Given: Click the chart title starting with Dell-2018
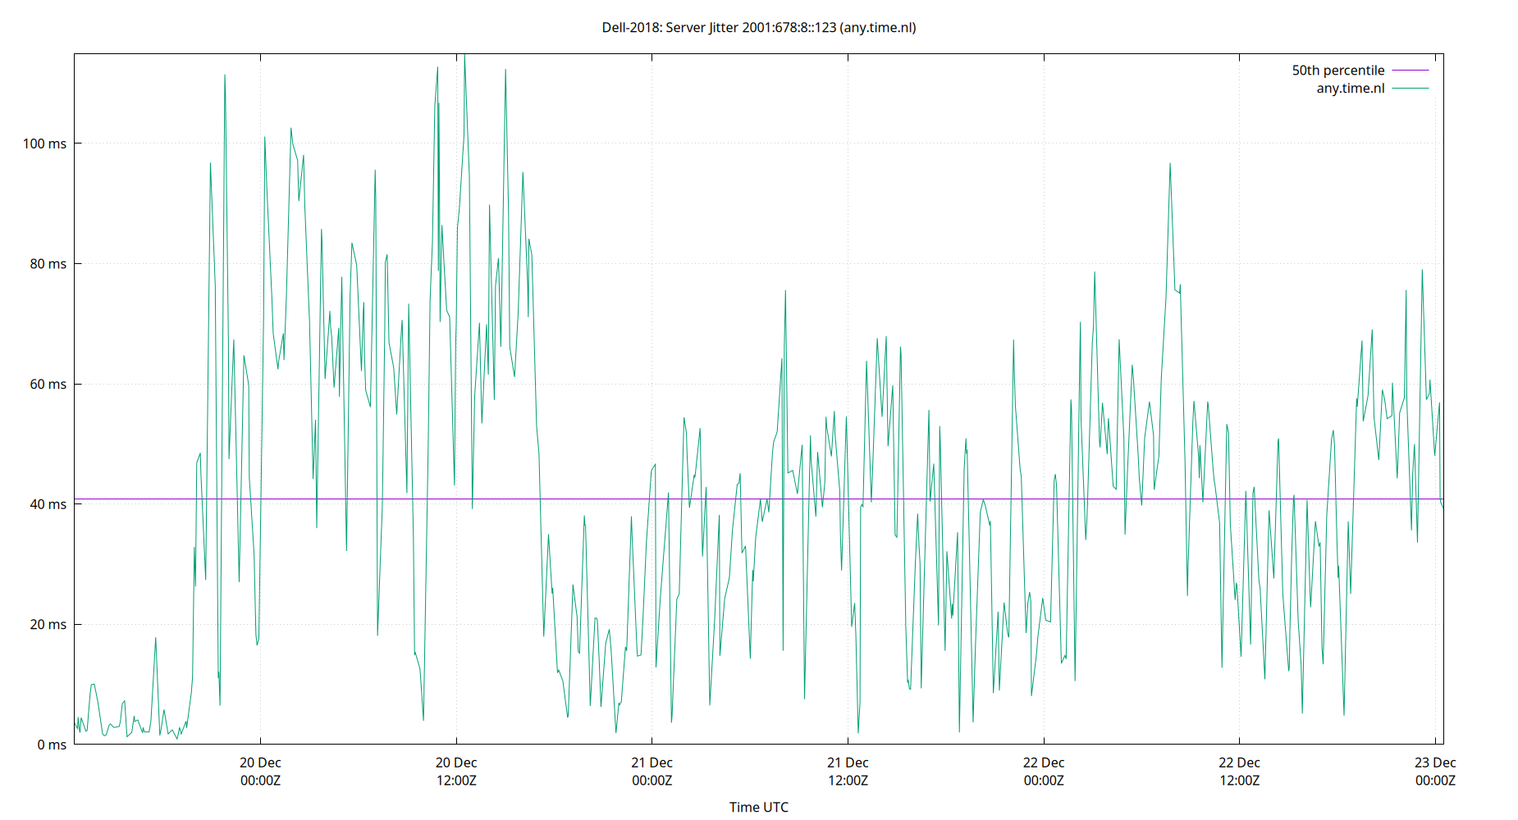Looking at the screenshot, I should coord(759,27).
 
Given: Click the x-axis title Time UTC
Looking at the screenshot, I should coord(758,807).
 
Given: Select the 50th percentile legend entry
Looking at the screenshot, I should coord(1337,71).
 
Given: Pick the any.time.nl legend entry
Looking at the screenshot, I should coord(1350,89).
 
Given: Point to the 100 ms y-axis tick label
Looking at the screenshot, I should coord(44,143).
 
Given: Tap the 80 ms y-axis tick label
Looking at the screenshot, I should coord(48,264).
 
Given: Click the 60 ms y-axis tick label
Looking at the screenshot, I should coord(48,384).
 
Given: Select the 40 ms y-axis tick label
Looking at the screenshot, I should coord(48,504).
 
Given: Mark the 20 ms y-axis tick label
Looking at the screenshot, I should coord(48,624).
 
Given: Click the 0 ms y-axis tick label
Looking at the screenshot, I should coord(51,745).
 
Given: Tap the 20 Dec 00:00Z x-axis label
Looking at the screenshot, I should coord(260,772).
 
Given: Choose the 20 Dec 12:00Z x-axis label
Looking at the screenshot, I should coord(456,772).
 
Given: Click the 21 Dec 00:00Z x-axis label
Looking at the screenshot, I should coord(652,772).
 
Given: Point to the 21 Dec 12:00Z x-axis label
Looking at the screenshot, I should coord(848,772).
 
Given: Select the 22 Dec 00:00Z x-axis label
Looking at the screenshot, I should coord(1044,772).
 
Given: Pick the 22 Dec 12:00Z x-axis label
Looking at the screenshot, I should coord(1239,772).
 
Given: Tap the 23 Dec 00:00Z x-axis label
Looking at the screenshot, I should coord(1435,772).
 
